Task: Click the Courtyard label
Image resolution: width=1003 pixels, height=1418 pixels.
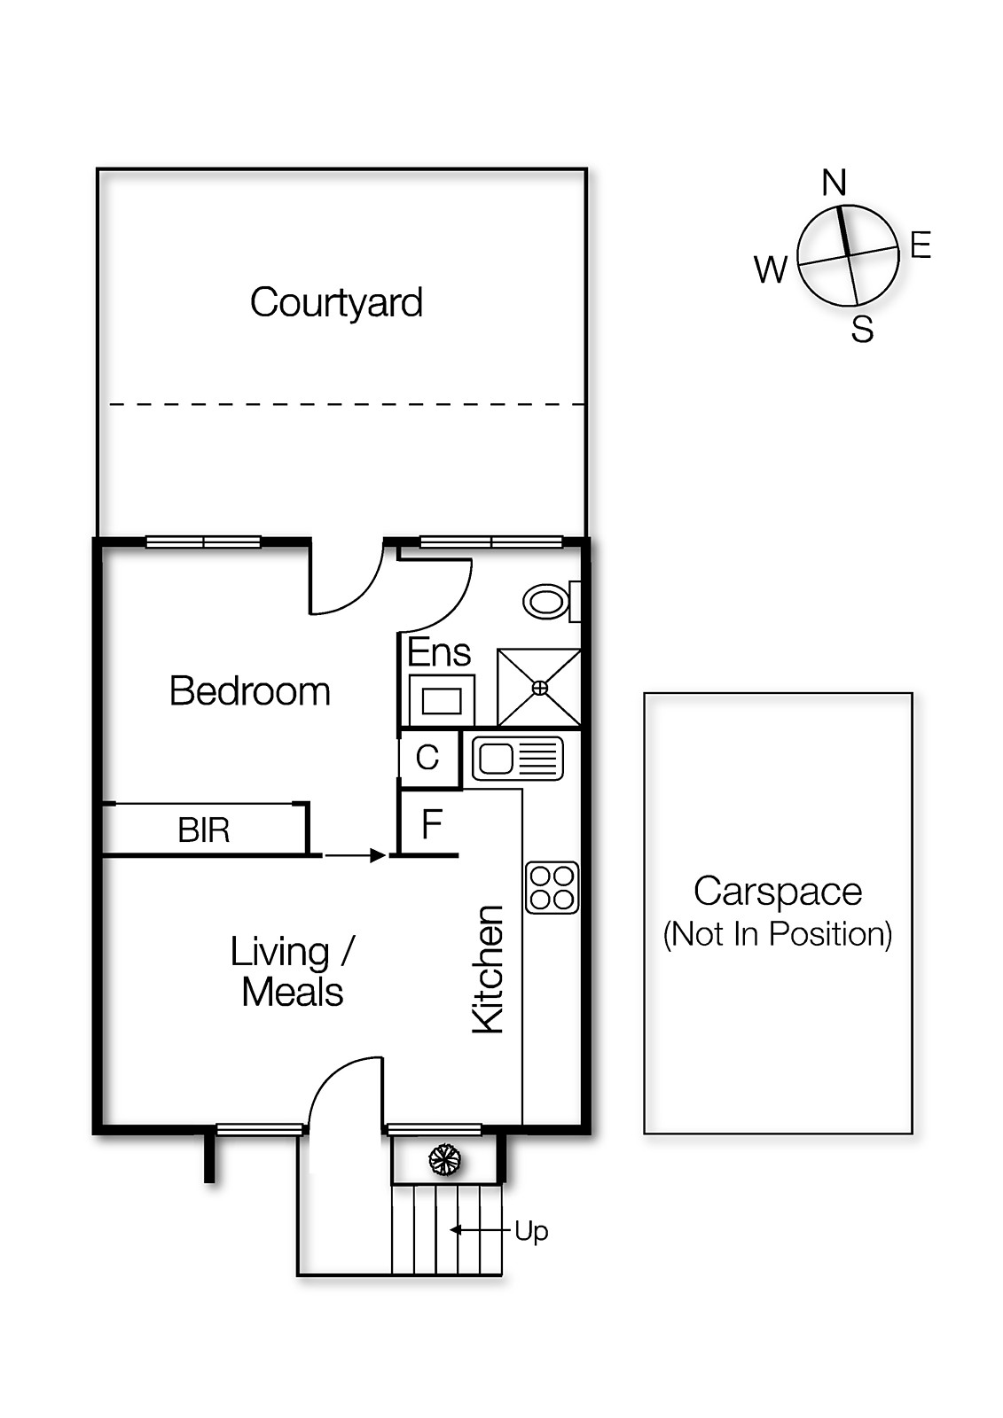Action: [x=336, y=303]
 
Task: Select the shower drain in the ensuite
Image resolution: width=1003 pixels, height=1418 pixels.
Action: [x=539, y=688]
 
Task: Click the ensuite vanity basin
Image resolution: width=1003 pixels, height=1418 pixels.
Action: [x=443, y=701]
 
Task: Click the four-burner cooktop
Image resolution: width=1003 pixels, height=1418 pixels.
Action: [x=552, y=888]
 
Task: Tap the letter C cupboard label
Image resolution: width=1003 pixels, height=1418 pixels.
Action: [x=427, y=758]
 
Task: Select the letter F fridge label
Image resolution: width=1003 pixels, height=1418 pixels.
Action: [x=431, y=825]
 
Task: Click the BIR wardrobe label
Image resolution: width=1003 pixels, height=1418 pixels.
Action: [x=204, y=830]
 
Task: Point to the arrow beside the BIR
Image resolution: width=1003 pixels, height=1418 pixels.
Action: [x=355, y=855]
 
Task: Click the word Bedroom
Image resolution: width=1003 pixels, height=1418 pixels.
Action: [x=249, y=691]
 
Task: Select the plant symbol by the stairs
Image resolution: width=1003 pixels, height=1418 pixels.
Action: [x=444, y=1159]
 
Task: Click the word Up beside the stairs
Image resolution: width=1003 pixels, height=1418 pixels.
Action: [x=531, y=1231]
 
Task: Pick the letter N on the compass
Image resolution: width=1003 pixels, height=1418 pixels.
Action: [x=835, y=183]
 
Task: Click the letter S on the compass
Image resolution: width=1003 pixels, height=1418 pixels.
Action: [x=862, y=330]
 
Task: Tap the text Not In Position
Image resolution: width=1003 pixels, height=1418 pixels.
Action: [x=778, y=934]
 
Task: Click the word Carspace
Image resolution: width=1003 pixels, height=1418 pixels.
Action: [x=778, y=892]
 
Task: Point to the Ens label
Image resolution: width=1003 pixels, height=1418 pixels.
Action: [x=439, y=653]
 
